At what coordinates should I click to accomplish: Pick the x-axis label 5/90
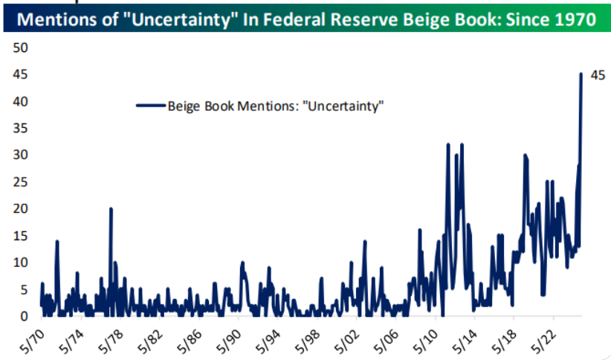click(x=231, y=338)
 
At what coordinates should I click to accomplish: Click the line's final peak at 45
click(x=581, y=74)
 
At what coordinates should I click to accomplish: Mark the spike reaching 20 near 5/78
click(x=111, y=209)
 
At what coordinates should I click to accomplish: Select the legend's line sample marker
click(x=149, y=106)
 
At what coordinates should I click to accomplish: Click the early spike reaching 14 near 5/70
click(x=56, y=241)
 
